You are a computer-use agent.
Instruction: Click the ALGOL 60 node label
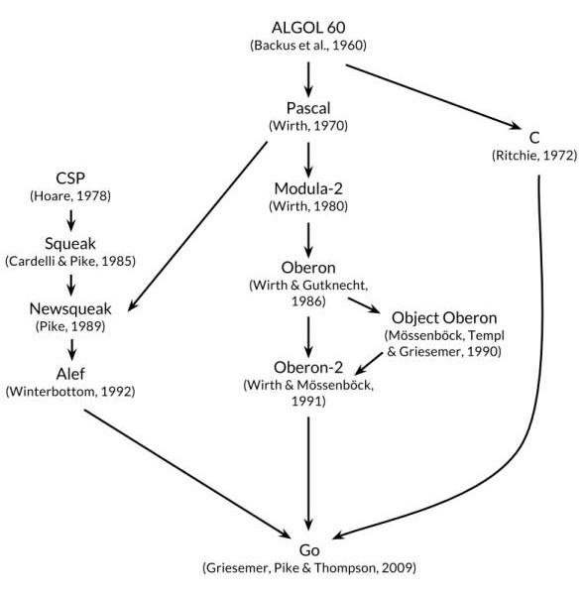click(x=308, y=28)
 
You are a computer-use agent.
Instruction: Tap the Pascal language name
click(x=308, y=108)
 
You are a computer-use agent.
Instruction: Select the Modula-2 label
click(x=308, y=188)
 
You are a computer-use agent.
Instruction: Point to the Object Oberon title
click(x=444, y=318)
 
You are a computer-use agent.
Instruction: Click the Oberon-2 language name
click(x=308, y=367)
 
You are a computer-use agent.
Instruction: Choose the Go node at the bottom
click(x=309, y=550)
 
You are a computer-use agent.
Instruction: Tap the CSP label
click(x=70, y=178)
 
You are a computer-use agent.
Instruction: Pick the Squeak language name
click(x=70, y=244)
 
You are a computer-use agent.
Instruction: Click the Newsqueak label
click(x=70, y=309)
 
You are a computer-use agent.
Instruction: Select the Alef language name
click(x=70, y=374)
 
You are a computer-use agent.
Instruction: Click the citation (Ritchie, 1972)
click(x=534, y=156)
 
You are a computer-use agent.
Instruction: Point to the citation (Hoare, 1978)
click(x=70, y=196)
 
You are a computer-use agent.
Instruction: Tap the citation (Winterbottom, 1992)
click(x=70, y=392)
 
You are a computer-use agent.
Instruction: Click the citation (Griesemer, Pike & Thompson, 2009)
click(x=309, y=568)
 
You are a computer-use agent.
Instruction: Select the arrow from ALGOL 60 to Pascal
click(x=308, y=79)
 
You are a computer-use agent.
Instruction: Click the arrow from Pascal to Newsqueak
click(x=197, y=226)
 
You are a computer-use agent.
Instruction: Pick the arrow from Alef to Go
click(x=187, y=474)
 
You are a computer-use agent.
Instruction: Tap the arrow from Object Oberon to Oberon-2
click(x=369, y=364)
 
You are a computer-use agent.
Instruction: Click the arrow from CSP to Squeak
click(x=71, y=220)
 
